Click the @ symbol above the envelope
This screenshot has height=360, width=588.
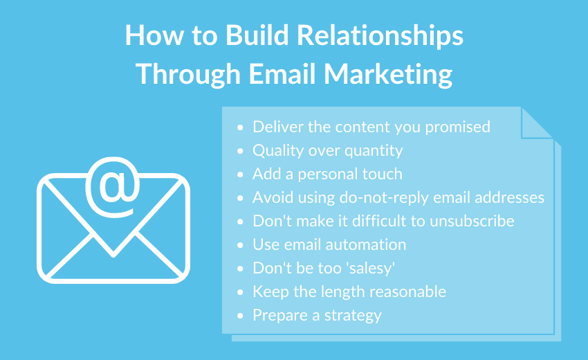[x=112, y=181]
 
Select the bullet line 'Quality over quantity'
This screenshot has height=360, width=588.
[x=327, y=150]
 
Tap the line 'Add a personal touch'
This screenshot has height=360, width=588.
[x=327, y=174]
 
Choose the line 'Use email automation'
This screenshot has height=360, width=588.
[x=329, y=244]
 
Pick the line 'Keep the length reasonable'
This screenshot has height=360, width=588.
[x=349, y=291]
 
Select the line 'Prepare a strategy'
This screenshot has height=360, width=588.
[x=317, y=315]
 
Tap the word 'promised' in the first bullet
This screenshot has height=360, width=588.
[x=457, y=127]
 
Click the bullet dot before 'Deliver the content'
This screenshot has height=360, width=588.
[x=240, y=127]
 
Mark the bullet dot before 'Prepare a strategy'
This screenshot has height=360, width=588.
[x=240, y=316]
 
